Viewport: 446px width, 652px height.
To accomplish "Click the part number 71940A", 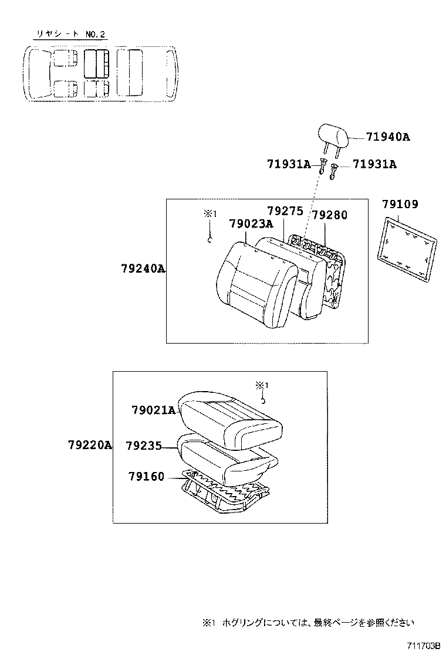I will tap(387, 137).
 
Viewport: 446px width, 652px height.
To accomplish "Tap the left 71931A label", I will tap(289, 165).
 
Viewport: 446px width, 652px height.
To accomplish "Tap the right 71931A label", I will tap(374, 165).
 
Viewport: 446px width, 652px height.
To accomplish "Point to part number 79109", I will tap(400, 205).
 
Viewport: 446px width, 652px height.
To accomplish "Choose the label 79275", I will tap(285, 210).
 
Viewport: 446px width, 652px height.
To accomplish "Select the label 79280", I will tap(329, 215).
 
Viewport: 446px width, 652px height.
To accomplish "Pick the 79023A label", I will tap(251, 223).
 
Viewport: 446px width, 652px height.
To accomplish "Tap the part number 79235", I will tap(144, 446).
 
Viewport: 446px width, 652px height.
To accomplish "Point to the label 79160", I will tap(146, 477).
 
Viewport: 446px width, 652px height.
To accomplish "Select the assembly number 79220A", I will tap(89, 446).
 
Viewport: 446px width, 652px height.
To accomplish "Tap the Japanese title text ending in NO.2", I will tap(70, 34).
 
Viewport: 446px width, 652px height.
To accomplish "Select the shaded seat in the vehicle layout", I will tap(96, 63).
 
